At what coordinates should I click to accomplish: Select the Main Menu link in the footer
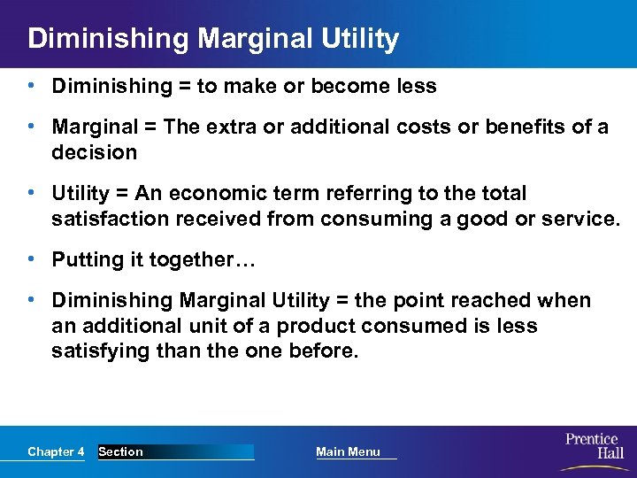click(x=348, y=452)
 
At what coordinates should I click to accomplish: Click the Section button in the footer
click(x=121, y=452)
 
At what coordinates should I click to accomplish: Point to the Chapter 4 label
click(x=56, y=452)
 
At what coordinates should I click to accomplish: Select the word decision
click(x=95, y=152)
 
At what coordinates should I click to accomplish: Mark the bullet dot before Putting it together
click(x=31, y=259)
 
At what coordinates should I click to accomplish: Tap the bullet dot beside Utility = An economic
click(x=31, y=193)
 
